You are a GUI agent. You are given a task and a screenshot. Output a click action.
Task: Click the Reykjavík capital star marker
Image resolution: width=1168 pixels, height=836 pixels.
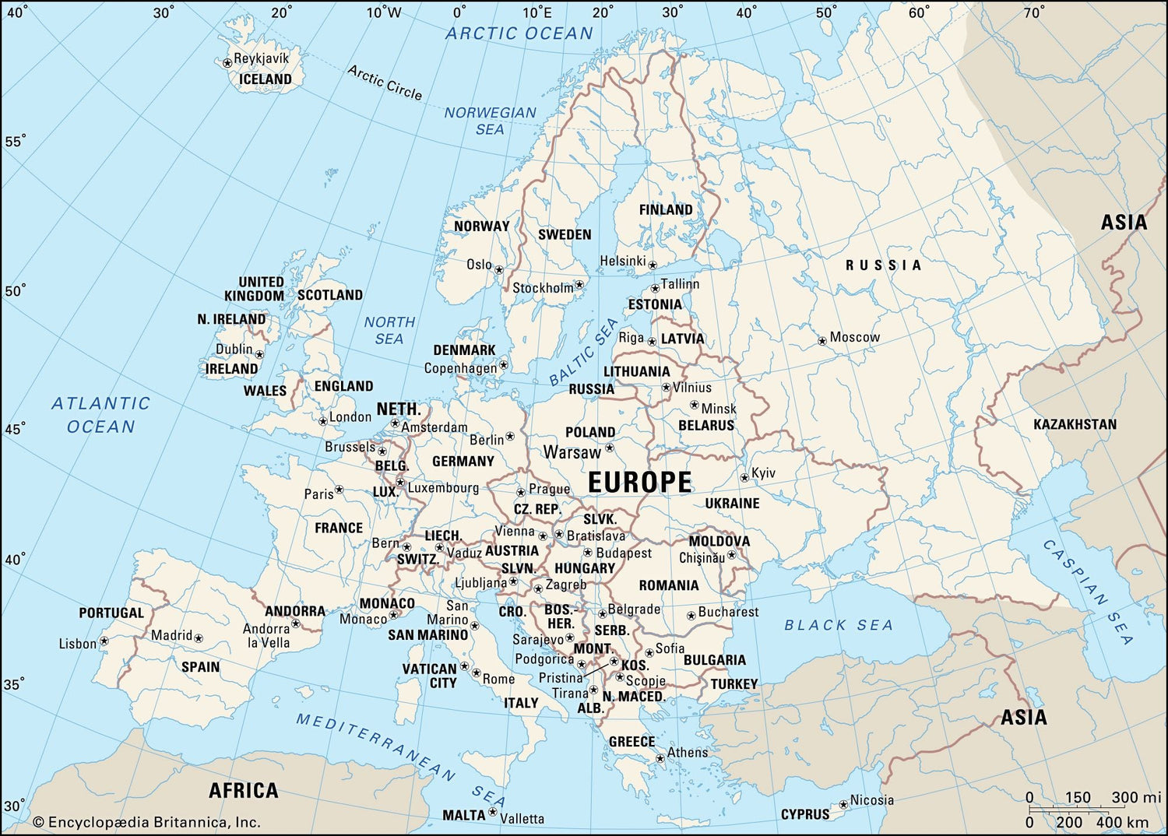tap(227, 62)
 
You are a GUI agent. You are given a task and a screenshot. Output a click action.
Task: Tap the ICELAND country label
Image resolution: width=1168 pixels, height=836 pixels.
tap(265, 79)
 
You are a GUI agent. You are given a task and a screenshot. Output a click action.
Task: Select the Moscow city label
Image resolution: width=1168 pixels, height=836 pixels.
tap(854, 337)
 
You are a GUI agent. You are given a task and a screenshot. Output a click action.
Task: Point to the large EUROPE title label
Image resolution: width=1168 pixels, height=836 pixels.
tap(639, 483)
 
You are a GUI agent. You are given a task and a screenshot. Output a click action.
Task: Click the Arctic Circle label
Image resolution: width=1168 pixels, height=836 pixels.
tap(385, 83)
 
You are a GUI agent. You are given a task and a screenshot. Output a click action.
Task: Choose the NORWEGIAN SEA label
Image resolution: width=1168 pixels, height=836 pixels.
tap(491, 121)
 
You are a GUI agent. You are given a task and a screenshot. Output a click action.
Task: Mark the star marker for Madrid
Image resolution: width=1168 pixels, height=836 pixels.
tap(199, 638)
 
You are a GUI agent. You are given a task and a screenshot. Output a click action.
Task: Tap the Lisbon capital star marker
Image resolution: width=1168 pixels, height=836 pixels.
tap(104, 641)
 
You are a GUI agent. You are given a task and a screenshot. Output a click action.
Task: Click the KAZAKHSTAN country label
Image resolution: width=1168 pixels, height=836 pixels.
tap(1075, 424)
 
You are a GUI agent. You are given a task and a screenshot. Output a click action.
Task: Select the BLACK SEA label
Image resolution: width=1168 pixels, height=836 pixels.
tap(839, 625)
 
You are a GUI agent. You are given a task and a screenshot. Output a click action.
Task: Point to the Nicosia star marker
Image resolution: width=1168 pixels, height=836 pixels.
tap(843, 805)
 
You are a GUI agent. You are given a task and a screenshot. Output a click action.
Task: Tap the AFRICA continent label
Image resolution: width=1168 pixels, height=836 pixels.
tap(243, 791)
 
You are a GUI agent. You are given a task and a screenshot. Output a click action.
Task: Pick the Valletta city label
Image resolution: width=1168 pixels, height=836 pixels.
tap(522, 819)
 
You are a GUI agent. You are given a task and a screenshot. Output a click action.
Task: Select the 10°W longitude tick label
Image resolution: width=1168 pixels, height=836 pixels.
tap(384, 12)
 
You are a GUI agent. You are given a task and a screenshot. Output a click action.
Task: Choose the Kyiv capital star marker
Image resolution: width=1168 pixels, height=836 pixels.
tap(744, 477)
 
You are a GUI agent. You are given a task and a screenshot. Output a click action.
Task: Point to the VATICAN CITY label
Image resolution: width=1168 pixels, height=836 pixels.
tap(430, 676)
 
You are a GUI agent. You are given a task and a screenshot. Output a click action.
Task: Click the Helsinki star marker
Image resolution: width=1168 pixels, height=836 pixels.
tap(653, 265)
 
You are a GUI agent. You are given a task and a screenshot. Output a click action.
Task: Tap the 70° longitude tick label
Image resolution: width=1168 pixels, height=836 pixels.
tap(1034, 12)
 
